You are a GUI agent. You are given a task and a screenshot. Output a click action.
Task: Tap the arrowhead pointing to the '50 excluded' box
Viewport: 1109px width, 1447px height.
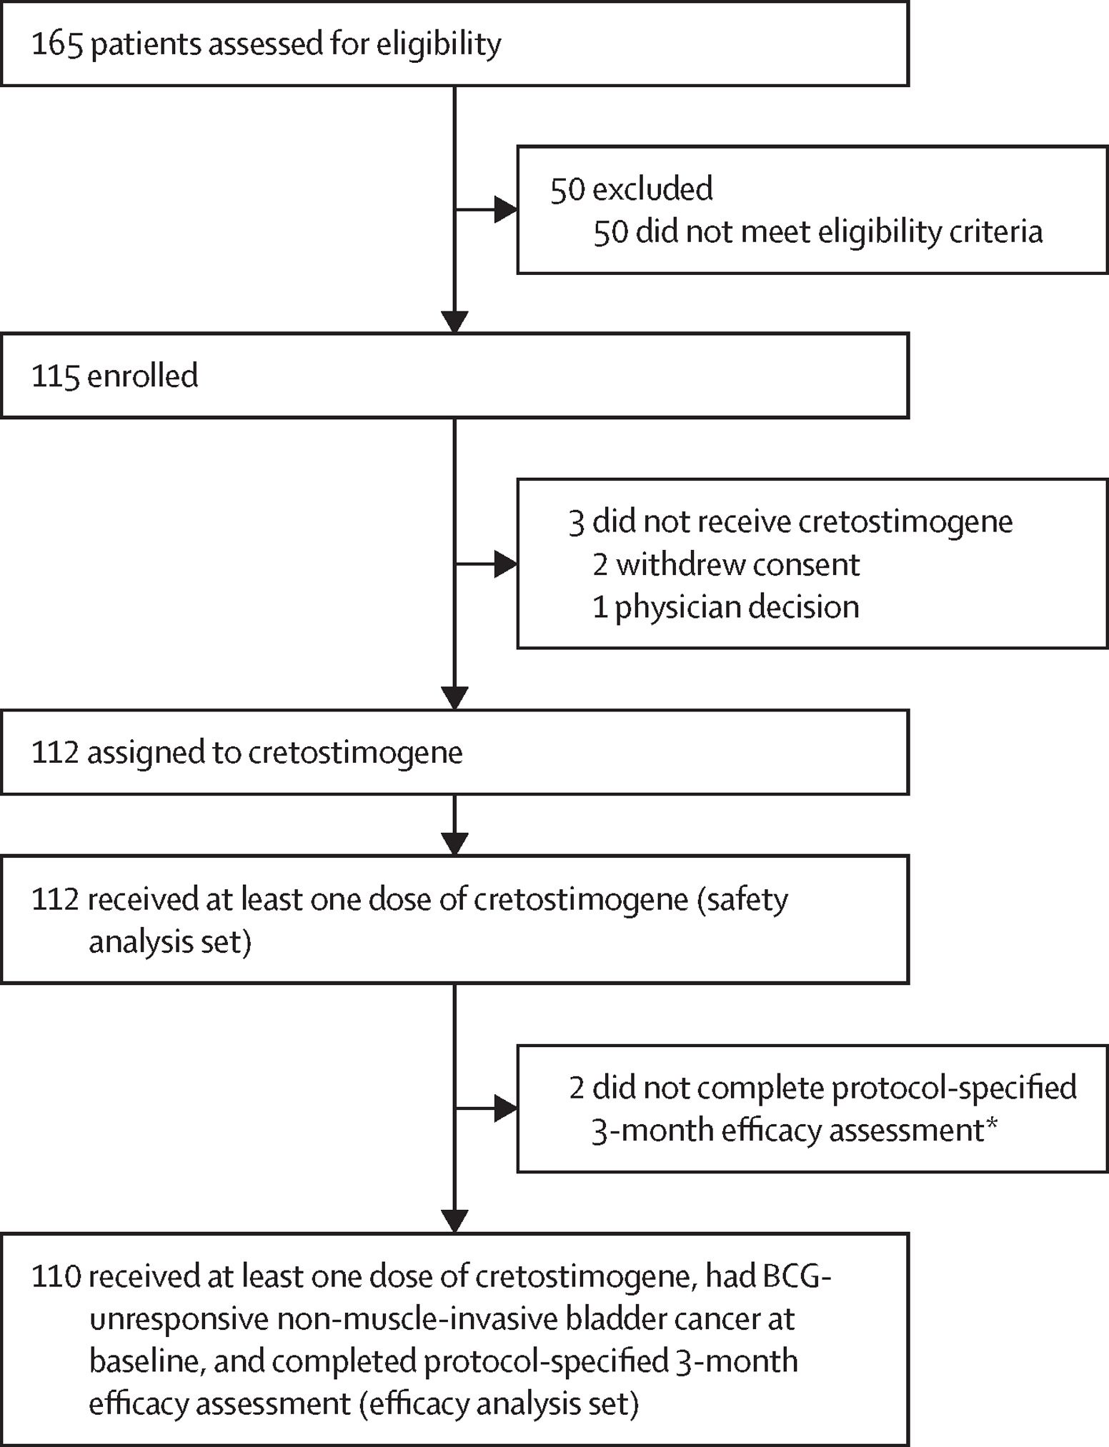pos(505,210)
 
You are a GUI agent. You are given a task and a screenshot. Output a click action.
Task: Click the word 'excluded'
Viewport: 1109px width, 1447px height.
pos(652,189)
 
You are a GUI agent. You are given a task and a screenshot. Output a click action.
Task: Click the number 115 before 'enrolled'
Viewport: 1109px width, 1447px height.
pos(55,376)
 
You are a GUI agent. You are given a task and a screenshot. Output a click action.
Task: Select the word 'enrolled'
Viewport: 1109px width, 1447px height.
pos(142,376)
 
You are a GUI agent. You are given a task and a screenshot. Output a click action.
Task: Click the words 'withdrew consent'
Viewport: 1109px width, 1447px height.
pos(737,564)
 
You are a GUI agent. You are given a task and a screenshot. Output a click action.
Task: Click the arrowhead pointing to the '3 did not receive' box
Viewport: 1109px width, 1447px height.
pos(505,564)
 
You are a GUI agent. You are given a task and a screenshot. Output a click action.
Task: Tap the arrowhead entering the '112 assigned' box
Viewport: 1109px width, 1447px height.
pos(454,699)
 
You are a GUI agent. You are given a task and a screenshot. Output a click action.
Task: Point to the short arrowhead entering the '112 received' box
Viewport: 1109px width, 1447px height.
pos(454,844)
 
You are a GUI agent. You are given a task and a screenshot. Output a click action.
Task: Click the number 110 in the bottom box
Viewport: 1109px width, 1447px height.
pos(56,1276)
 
